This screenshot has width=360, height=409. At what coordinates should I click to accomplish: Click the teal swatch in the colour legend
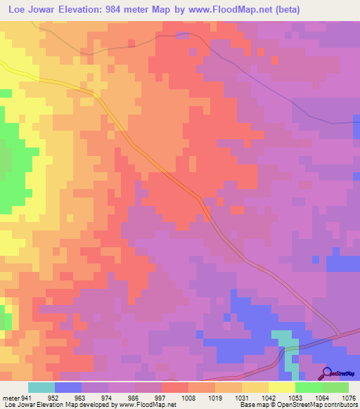point(41,387)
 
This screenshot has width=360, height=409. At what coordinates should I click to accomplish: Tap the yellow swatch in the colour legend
point(282,387)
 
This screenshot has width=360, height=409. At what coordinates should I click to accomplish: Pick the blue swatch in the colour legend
point(68,387)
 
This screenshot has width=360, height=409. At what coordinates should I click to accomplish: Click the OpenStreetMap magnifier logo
point(326,373)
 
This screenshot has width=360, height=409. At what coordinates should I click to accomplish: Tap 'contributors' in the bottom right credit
point(340,405)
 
